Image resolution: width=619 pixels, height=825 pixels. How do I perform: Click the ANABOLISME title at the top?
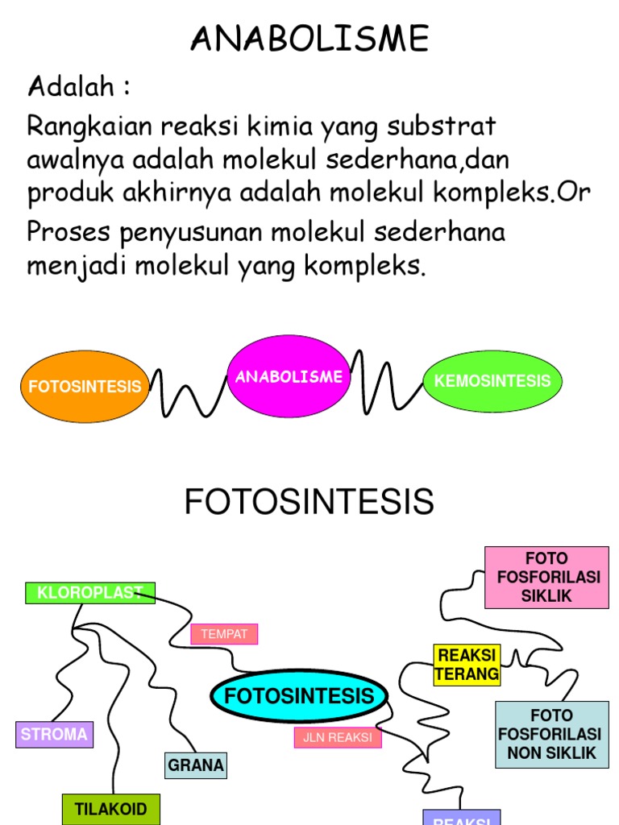pyautogui.click(x=309, y=38)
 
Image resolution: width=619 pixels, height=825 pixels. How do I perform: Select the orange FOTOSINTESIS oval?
pyautogui.click(x=85, y=386)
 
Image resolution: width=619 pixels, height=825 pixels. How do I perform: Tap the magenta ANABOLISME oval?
pyautogui.click(x=289, y=376)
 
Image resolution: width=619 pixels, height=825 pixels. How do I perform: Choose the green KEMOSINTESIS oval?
pyautogui.click(x=492, y=381)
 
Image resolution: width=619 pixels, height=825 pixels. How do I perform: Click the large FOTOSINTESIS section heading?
pyautogui.click(x=309, y=502)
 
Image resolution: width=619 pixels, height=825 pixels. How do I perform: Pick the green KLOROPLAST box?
pyautogui.click(x=90, y=593)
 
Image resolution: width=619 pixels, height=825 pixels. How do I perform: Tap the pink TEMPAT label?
pyautogui.click(x=224, y=634)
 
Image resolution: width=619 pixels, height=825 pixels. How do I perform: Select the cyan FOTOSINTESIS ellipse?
pyautogui.click(x=299, y=696)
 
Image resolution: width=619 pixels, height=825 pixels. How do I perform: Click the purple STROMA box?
pyautogui.click(x=54, y=734)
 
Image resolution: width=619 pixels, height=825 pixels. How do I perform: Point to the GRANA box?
pyautogui.click(x=196, y=765)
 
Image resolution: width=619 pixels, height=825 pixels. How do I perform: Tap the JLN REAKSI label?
pyautogui.click(x=338, y=737)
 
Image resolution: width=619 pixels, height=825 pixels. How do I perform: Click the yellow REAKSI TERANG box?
pyautogui.click(x=467, y=664)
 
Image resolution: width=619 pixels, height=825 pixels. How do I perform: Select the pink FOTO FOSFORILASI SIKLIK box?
pyautogui.click(x=546, y=577)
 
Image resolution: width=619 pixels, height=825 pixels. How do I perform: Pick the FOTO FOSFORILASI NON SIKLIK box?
pyautogui.click(x=551, y=734)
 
